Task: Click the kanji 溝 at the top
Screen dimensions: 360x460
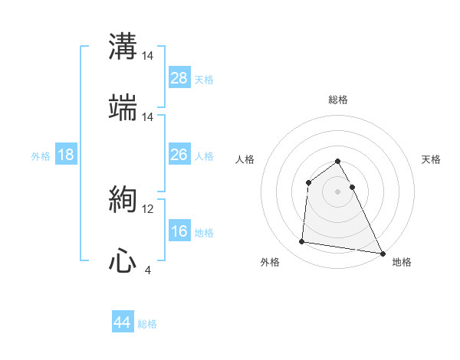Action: (123, 47)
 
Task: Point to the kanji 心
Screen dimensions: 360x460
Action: (123, 261)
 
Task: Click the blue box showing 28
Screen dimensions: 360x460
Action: (179, 78)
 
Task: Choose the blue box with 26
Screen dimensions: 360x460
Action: (179, 155)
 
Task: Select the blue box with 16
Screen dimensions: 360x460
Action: (179, 231)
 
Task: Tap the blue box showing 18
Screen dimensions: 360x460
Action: (66, 155)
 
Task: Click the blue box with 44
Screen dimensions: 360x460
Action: (122, 322)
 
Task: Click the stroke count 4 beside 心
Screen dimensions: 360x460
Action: (147, 270)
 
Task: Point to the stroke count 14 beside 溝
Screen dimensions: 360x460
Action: (148, 56)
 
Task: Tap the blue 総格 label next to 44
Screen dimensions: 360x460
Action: (147, 324)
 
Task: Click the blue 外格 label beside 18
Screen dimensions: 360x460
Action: (41, 156)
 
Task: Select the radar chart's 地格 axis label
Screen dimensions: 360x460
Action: (402, 262)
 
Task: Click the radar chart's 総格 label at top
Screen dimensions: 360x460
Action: (338, 100)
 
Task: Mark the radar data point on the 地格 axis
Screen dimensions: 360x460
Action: (382, 254)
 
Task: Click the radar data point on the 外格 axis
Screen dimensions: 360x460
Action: (302, 242)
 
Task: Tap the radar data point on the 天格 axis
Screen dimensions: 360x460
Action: (352, 187)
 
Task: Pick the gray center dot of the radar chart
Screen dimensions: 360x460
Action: (338, 191)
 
